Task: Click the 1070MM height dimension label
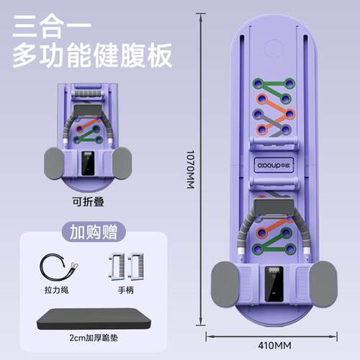click(x=190, y=169)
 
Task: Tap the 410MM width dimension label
click(x=275, y=346)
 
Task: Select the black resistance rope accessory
click(x=58, y=267)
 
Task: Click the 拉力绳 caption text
click(x=57, y=290)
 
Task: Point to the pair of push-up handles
click(x=126, y=266)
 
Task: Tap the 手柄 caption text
click(x=126, y=290)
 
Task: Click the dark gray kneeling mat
click(x=94, y=319)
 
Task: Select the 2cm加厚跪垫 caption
click(x=94, y=338)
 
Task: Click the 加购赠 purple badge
click(x=94, y=232)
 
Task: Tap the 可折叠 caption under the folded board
click(x=89, y=202)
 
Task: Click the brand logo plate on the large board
click(x=274, y=165)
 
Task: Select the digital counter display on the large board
click(x=274, y=284)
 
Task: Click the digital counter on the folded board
click(x=88, y=163)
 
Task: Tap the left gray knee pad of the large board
click(x=225, y=284)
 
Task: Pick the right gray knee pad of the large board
click(x=323, y=284)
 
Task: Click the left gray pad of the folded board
click(x=54, y=163)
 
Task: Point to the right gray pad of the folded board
click(x=122, y=163)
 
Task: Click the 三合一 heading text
click(x=52, y=27)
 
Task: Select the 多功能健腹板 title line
click(x=92, y=55)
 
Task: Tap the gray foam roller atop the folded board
click(x=88, y=94)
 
